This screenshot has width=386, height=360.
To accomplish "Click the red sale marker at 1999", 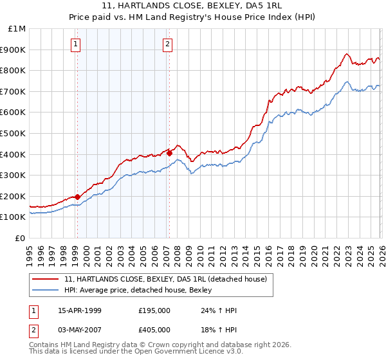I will (77, 197).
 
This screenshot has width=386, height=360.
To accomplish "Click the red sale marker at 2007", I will (169, 153).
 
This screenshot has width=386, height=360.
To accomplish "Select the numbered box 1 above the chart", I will (76, 44).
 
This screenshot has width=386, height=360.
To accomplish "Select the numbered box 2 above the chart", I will (167, 44).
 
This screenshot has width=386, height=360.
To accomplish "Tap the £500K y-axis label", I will (14, 133).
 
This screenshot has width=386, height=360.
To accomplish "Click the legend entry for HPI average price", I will (142, 291).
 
